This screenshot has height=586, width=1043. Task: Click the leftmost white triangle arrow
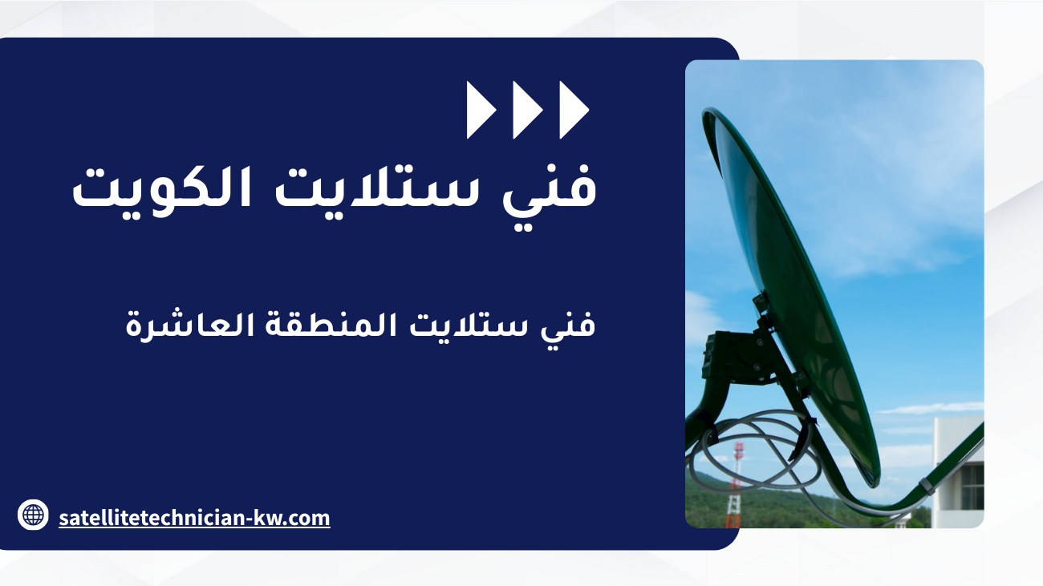click(x=480, y=110)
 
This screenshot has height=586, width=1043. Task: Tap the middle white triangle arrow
click(x=526, y=110)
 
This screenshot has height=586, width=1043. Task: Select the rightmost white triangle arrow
click(x=573, y=110)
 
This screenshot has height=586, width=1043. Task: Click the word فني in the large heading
click(x=550, y=196)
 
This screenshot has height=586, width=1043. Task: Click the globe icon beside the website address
click(x=33, y=515)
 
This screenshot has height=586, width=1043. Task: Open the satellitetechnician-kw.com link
click(x=194, y=518)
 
